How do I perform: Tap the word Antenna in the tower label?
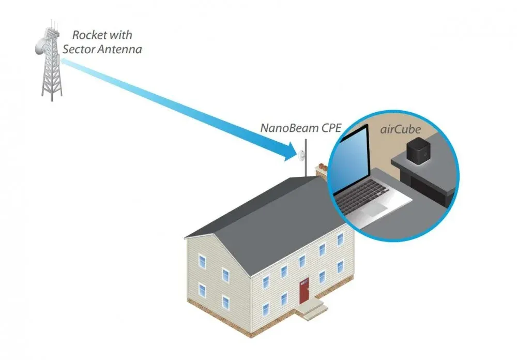click(123, 50)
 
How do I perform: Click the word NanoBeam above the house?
click(286, 128)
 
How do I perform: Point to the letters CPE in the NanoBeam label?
click(330, 128)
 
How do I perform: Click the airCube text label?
click(402, 129)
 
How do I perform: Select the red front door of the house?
click(304, 291)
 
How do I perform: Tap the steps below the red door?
click(313, 309)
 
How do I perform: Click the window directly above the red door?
click(303, 258)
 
